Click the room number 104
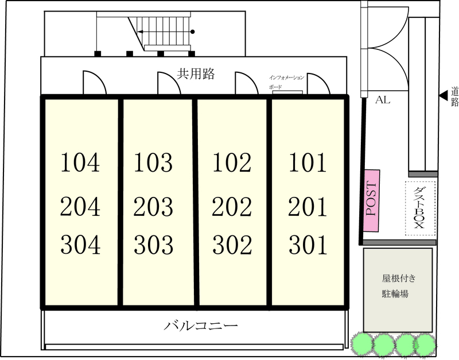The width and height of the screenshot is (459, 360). coord(80,162)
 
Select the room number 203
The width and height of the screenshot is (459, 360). coord(153,207)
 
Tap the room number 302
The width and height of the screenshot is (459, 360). coord(232,245)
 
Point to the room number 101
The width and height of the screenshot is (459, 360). coord(308,162)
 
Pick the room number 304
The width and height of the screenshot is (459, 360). coord(80,245)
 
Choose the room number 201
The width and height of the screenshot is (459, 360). coord(308,207)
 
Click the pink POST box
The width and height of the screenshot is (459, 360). coord(372,200)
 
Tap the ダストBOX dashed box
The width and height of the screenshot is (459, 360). coord(421,208)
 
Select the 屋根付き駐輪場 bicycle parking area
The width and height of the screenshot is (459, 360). coord(398,291)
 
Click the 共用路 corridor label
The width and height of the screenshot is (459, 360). coord(196,74)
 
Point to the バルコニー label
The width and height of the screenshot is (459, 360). coord(201,326)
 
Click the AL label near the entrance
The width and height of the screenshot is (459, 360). coord(383,100)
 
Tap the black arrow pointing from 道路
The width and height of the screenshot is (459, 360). coord(444,95)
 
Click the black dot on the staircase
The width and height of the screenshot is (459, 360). coord(192,32)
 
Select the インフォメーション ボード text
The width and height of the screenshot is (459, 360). coord(286,82)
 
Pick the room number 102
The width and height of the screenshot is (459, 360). coord(232,162)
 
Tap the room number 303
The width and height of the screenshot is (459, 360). coord(153,245)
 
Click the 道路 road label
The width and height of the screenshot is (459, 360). coord(455,96)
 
